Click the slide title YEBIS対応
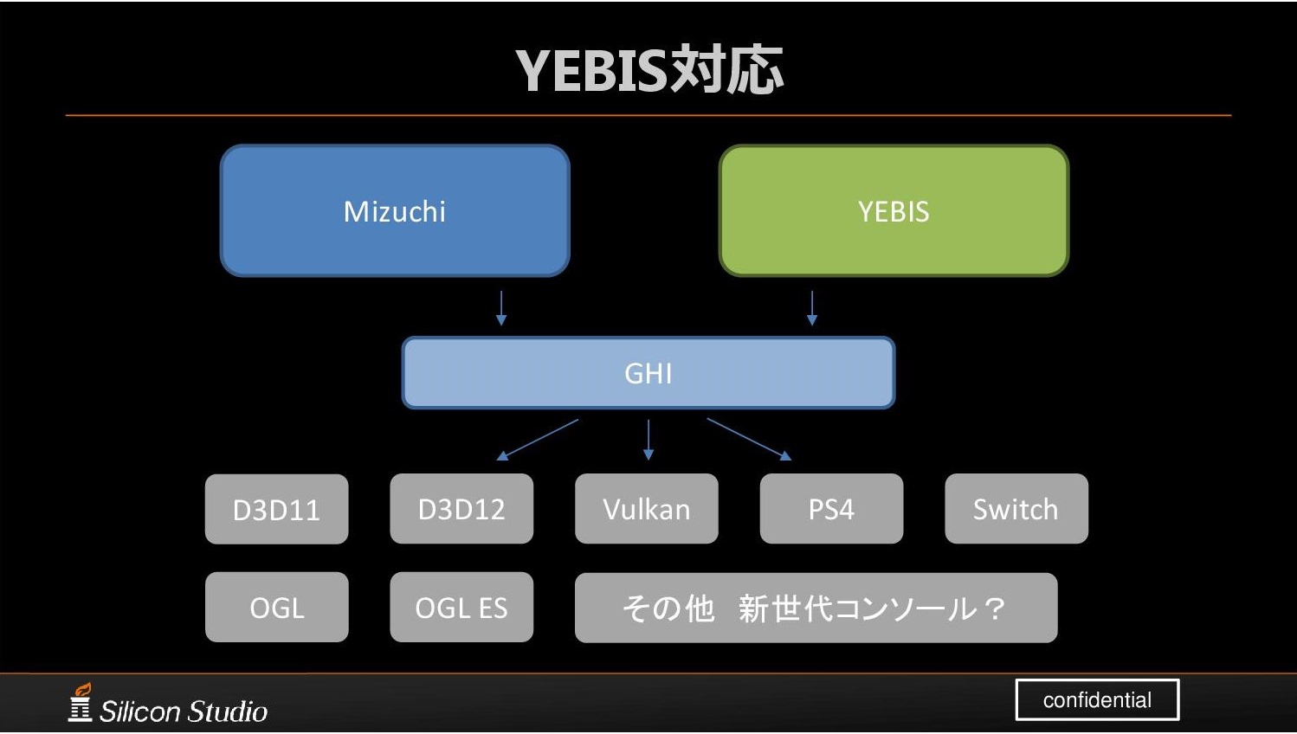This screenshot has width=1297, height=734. click(x=649, y=69)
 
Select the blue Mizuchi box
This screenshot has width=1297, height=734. click(x=395, y=211)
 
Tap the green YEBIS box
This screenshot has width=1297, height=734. click(x=894, y=211)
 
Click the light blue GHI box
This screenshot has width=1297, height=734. click(x=648, y=373)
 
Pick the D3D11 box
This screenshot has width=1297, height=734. click(x=276, y=509)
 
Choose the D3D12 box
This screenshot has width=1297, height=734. click(x=461, y=509)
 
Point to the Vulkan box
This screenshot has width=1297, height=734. click(x=647, y=509)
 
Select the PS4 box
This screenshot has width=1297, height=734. click(x=831, y=509)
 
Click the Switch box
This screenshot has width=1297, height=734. click(x=1016, y=509)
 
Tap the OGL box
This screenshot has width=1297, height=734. click(x=276, y=608)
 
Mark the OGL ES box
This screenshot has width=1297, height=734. click(x=461, y=608)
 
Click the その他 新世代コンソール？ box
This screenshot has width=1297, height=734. click(x=816, y=608)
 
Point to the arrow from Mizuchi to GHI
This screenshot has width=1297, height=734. click(x=501, y=308)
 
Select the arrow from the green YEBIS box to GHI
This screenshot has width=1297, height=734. click(x=812, y=308)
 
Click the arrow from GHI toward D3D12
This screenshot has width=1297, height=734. click(x=539, y=439)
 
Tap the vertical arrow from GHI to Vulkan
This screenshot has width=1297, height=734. click(x=648, y=440)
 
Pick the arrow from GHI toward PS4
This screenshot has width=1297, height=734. click(x=749, y=439)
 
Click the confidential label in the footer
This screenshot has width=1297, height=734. click(x=1097, y=699)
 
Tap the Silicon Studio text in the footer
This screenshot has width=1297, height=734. click(x=184, y=711)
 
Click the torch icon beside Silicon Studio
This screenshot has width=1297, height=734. click(x=81, y=702)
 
